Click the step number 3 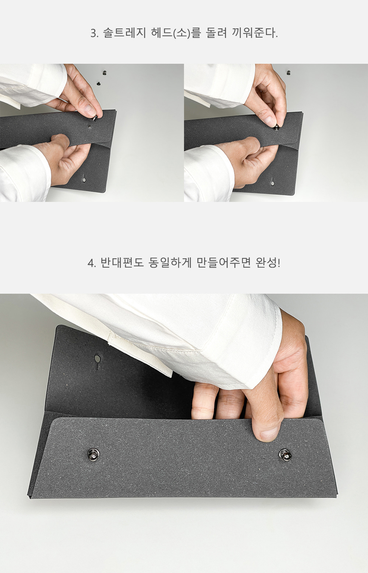tap(93, 34)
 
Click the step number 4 tap(90, 263)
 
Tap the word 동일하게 tap(170, 263)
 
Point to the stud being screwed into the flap tap(276, 127)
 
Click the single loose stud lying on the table tap(289, 73)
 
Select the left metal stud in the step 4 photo tap(93, 454)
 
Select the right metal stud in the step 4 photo tap(284, 454)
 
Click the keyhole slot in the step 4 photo tap(98, 361)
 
